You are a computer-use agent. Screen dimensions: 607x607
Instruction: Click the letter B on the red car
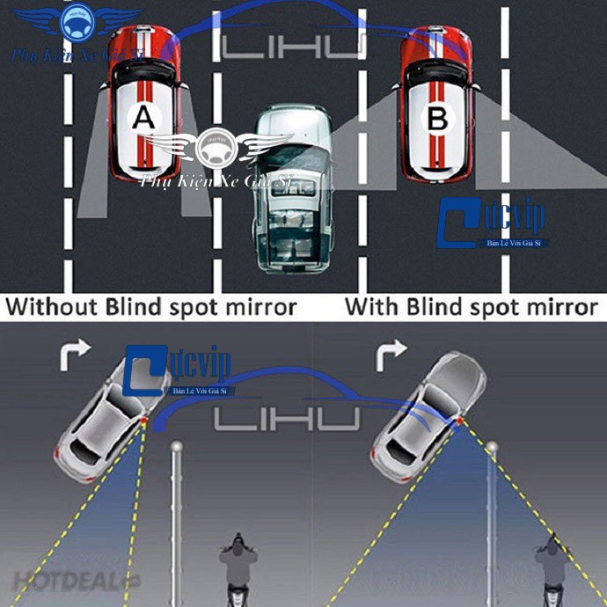pos(437,118)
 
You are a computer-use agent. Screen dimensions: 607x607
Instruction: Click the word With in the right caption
pos(371,307)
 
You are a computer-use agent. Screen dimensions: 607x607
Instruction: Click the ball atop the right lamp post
pos(493,448)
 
